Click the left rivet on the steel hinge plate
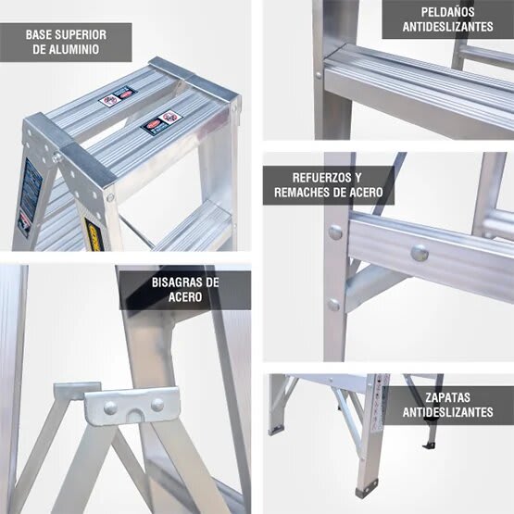pyautogui.click(x=110, y=407)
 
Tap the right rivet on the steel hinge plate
pyautogui.click(x=157, y=405)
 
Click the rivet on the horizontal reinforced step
pyautogui.click(x=419, y=252)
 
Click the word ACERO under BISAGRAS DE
pyautogui.click(x=185, y=297)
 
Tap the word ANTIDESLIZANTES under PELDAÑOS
pyautogui.click(x=447, y=28)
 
